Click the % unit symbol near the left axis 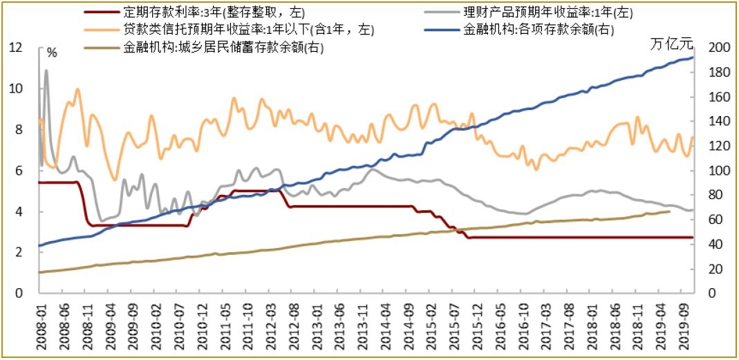click(x=52, y=52)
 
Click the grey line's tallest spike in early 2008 click(x=46, y=70)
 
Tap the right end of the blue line click(x=693, y=57)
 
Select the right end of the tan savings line click(x=669, y=211)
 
